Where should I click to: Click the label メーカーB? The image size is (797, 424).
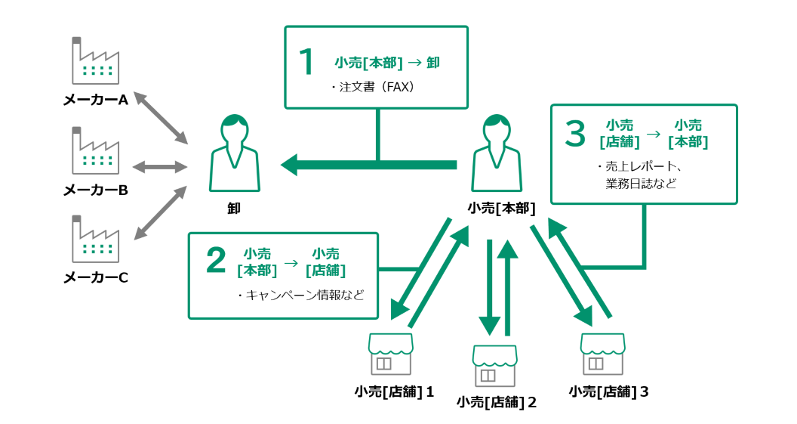pyautogui.click(x=95, y=190)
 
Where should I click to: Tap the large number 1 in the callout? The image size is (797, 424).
pyautogui.click(x=306, y=63)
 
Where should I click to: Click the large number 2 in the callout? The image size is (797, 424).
pyautogui.click(x=216, y=261)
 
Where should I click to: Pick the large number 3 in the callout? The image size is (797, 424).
pyautogui.click(x=575, y=134)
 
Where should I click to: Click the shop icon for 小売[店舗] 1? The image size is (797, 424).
pyautogui.click(x=391, y=354)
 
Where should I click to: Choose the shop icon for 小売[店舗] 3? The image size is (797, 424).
pyautogui.click(x=602, y=354)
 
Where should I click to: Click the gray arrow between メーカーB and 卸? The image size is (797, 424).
pyautogui.click(x=160, y=167)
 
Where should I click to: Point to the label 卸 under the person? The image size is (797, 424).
pyautogui.click(x=234, y=208)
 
